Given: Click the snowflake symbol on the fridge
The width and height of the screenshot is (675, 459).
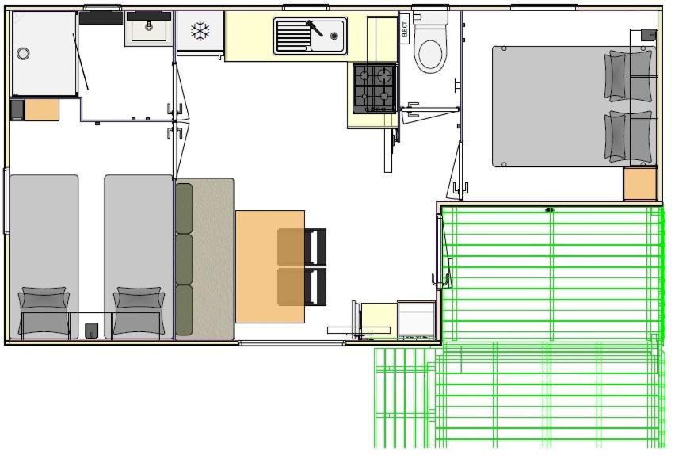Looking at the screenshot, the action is pyautogui.click(x=200, y=32).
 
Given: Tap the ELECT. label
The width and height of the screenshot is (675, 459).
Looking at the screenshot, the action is pyautogui.click(x=404, y=29).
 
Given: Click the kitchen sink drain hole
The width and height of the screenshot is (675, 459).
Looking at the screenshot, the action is pyautogui.click(x=334, y=36).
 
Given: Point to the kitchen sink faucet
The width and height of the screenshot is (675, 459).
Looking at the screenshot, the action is pyautogui.click(x=315, y=29).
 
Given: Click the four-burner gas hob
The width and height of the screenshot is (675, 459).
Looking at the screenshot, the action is pyautogui.click(x=374, y=89).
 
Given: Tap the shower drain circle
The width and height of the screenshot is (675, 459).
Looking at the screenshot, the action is pyautogui.click(x=23, y=54).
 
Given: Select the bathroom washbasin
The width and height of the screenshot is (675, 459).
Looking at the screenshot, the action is pyautogui.click(x=148, y=29).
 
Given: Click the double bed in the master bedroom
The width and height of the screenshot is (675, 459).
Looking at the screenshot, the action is pyautogui.click(x=574, y=106).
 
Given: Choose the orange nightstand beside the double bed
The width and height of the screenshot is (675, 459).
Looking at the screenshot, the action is pyautogui.click(x=640, y=184).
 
